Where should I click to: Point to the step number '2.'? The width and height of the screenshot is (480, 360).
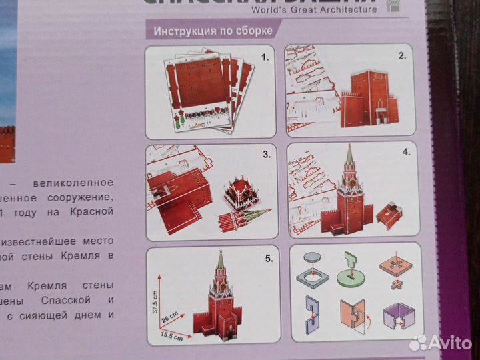(402, 57)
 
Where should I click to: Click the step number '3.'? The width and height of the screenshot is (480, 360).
(266, 155)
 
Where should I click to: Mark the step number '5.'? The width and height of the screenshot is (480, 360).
(267, 257)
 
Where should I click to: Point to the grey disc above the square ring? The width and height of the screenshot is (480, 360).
(312, 257)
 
